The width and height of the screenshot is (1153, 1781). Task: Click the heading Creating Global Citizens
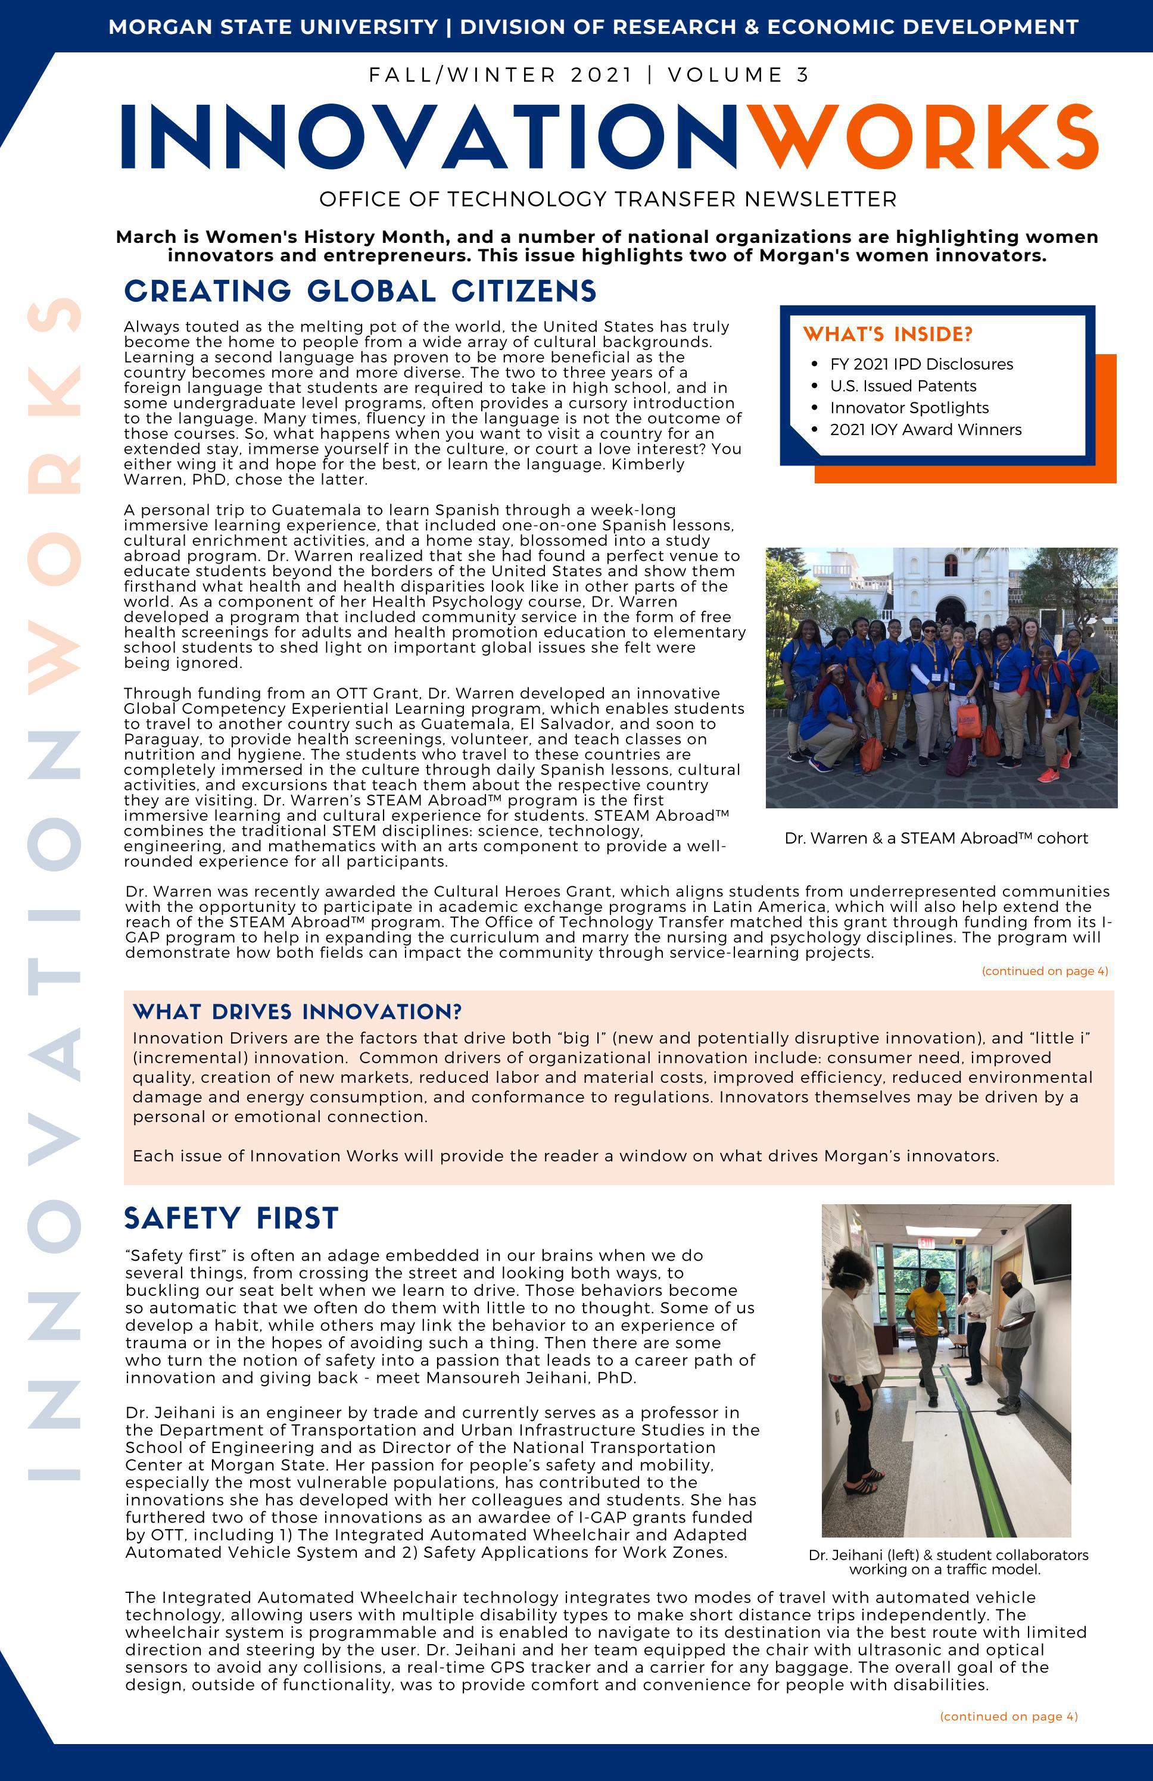(360, 291)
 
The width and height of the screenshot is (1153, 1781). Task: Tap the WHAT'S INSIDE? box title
(887, 335)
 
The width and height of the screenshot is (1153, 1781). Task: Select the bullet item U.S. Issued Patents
(903, 386)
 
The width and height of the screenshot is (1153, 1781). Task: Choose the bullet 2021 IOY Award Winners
(925, 430)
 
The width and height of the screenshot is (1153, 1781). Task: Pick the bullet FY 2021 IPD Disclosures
(921, 364)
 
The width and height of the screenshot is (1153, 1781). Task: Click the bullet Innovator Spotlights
(909, 408)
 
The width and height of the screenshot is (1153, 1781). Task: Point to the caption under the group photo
(936, 838)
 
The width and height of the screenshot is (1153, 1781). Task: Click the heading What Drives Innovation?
(297, 1012)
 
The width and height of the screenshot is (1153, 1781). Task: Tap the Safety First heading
(231, 1218)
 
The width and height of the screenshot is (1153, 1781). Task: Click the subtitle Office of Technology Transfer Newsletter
(607, 199)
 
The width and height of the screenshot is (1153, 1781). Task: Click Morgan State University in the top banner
(273, 27)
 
